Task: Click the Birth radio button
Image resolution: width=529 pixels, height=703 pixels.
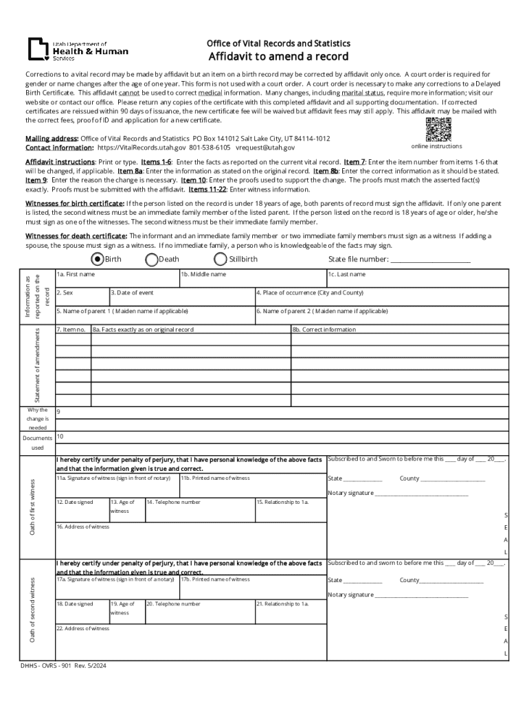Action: click(x=98, y=260)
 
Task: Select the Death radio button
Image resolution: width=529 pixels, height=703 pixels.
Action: click(x=152, y=260)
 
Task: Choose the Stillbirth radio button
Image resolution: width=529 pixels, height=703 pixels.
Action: click(x=221, y=260)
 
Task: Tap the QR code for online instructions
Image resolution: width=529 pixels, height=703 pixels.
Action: click(x=438, y=129)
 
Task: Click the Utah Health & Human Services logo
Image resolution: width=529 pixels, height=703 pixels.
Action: click(x=77, y=49)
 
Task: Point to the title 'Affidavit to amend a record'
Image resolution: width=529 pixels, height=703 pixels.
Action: click(x=278, y=56)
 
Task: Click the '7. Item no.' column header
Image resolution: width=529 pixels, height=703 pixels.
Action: click(x=72, y=330)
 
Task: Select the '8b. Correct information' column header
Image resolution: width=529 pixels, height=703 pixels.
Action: click(x=400, y=330)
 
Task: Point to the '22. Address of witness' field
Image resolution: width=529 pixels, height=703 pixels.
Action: click(x=189, y=641)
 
